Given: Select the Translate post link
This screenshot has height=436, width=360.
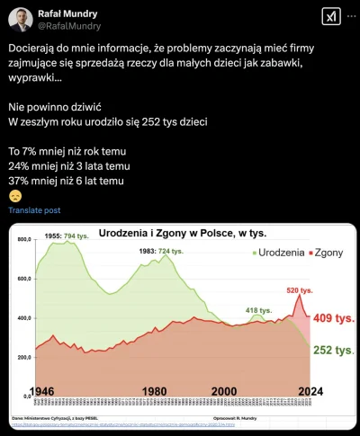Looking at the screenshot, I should point(34,209).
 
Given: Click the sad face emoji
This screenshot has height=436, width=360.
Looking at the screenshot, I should point(15,195).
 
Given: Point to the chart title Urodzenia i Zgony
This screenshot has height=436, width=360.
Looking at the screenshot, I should point(183,233).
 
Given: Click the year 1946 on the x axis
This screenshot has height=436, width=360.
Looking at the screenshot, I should point(57,391).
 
